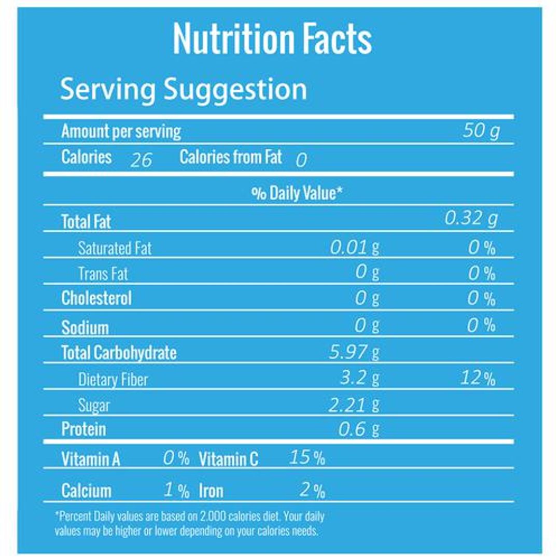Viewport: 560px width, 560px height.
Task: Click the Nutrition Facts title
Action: (x=272, y=38)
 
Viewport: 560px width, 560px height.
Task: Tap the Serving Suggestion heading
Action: (x=184, y=89)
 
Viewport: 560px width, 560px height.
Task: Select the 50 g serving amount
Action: (x=481, y=131)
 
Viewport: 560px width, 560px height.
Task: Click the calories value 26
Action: (x=141, y=160)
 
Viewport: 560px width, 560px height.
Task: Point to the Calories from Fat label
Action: (x=231, y=157)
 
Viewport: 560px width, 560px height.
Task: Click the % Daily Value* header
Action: (x=297, y=193)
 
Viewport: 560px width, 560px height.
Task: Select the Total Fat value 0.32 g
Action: (x=471, y=219)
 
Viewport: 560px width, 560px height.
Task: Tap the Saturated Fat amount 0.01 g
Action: (x=355, y=247)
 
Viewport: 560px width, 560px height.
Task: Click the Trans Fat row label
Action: (x=103, y=273)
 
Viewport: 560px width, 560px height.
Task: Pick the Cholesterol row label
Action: (x=96, y=299)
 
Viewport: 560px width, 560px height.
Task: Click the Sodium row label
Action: (x=85, y=328)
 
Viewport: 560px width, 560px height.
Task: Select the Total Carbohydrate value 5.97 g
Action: (x=355, y=353)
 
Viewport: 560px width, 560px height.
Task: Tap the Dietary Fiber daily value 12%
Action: (x=478, y=379)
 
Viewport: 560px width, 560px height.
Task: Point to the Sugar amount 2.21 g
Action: (x=355, y=404)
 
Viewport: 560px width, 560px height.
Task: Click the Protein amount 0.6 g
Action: (x=359, y=429)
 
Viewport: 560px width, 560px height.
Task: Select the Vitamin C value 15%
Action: (x=307, y=458)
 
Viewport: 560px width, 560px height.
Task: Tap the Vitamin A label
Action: (x=91, y=459)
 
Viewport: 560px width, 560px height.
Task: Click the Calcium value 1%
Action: (x=176, y=491)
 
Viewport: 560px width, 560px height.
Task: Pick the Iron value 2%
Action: (x=312, y=491)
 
